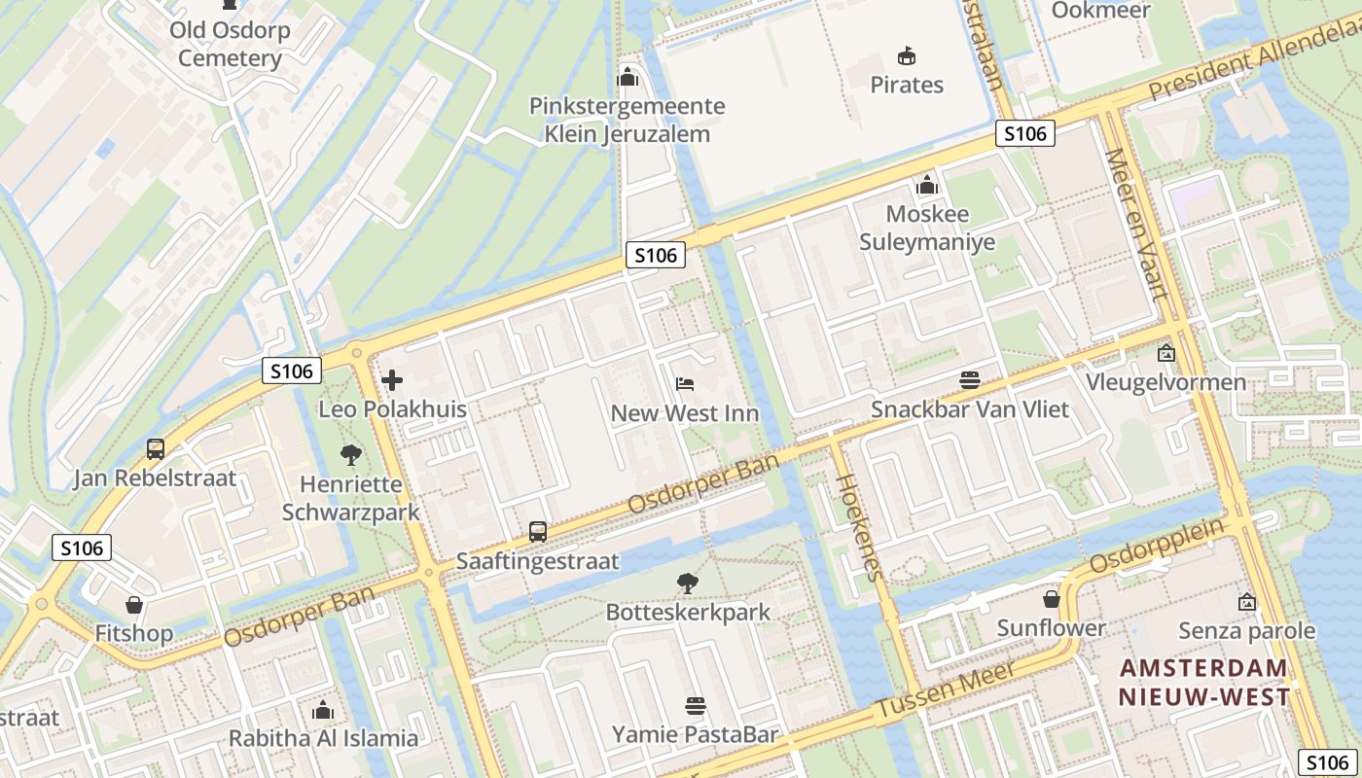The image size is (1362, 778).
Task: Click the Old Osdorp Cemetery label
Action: coord(230,44)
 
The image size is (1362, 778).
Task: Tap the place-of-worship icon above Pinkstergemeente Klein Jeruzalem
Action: coord(627,76)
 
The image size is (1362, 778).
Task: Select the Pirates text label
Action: coord(907,85)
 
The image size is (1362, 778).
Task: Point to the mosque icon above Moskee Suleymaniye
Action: coord(927,184)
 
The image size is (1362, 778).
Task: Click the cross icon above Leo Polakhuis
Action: coord(392,380)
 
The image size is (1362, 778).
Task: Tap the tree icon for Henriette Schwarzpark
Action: coord(350,454)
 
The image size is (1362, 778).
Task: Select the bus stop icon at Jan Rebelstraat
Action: coord(156,448)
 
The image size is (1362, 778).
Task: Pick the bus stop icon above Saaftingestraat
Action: coord(538,532)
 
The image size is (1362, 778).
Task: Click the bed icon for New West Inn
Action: coord(685,384)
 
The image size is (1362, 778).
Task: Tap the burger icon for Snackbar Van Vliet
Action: coord(969,380)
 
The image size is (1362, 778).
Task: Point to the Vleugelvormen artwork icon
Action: coord(1165,353)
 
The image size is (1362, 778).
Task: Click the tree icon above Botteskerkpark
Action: coord(688,583)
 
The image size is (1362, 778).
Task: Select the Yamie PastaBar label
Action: coord(695,734)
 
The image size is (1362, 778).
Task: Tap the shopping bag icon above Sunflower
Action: coord(1051,598)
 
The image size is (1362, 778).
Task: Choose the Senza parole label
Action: coord(1246,631)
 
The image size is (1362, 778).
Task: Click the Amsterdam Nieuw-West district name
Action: coord(1203,683)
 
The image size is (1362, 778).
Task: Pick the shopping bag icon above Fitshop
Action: coord(134,605)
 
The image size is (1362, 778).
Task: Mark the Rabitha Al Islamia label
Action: coord(323,738)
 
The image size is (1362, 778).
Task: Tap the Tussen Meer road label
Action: coord(946,692)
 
